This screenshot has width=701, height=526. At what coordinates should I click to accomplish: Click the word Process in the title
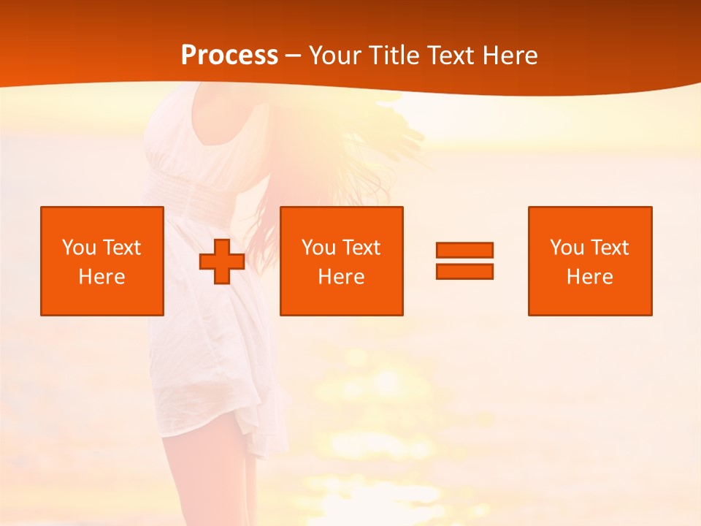(x=229, y=56)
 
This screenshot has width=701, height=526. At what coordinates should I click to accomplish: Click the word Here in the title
(x=509, y=56)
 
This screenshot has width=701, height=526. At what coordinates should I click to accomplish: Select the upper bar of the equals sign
(x=464, y=250)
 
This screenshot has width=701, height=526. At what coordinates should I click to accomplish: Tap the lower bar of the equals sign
(x=464, y=271)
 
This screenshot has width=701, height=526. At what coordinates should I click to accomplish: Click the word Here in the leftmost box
(x=101, y=277)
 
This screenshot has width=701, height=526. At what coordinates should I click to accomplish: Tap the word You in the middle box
(x=318, y=248)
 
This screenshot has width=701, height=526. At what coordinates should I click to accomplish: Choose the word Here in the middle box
(x=341, y=277)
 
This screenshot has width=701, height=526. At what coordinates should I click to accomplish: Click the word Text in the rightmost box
(x=609, y=248)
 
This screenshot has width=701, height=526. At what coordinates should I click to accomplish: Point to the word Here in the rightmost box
(x=589, y=277)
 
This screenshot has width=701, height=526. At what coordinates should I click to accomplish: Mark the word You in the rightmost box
(x=567, y=248)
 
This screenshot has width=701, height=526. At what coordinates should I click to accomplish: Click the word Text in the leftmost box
(x=121, y=248)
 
